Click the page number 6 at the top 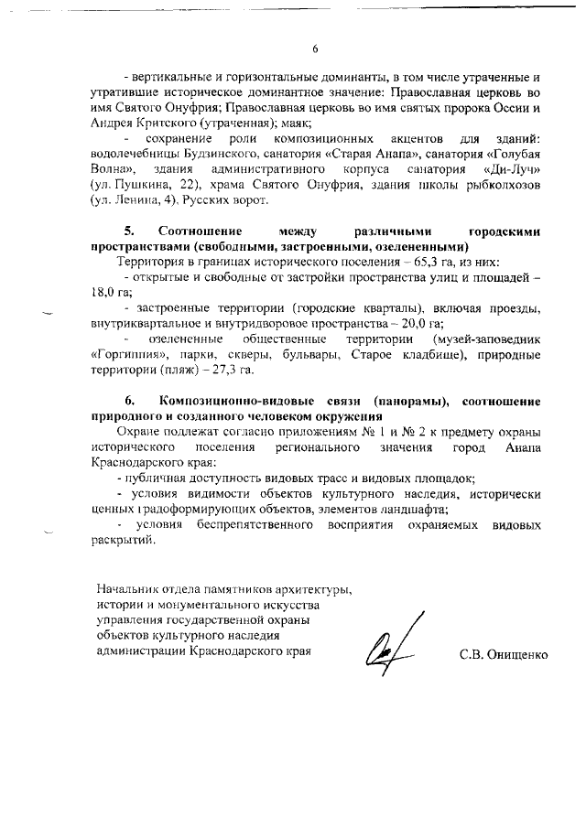pos(314,49)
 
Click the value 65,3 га pos(408,262)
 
